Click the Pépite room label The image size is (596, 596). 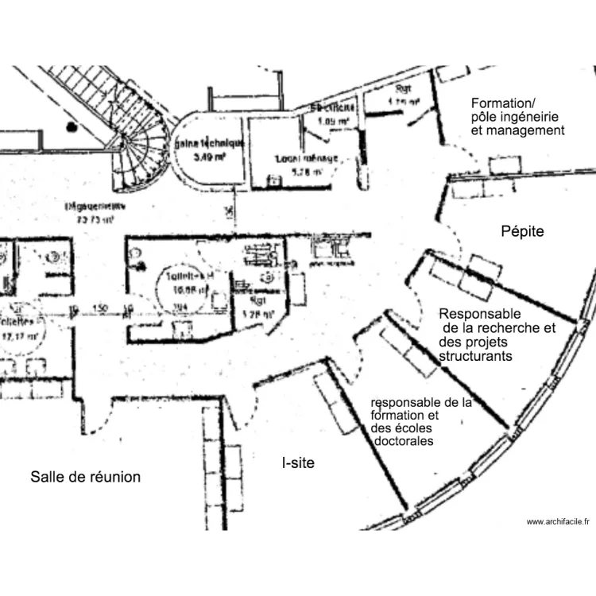522,231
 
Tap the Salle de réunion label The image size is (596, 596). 86,477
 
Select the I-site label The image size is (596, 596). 299,462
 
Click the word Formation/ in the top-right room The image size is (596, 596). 504,103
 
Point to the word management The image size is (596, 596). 528,130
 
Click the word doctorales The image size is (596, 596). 404,441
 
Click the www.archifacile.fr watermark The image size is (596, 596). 559,521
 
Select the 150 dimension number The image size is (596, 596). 100,308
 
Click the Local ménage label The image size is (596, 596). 307,158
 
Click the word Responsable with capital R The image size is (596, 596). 479,314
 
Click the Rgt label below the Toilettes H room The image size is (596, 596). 256,301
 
